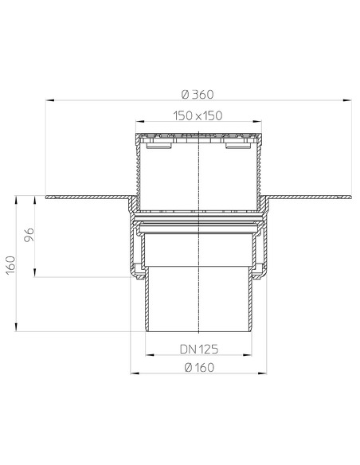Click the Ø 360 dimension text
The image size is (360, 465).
[x=198, y=91]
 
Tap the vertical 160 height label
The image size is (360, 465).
[x=10, y=262]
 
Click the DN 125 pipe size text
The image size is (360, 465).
[x=198, y=349]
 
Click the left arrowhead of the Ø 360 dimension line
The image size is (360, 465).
[x=49, y=100]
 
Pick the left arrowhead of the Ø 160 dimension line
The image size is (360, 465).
[x=132, y=373]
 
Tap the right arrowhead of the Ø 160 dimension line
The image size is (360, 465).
[x=265, y=373]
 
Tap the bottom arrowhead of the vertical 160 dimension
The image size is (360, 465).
[x=17, y=328]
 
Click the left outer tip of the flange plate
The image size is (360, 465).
[x=48, y=197]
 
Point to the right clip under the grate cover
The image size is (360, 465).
[x=237, y=147]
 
